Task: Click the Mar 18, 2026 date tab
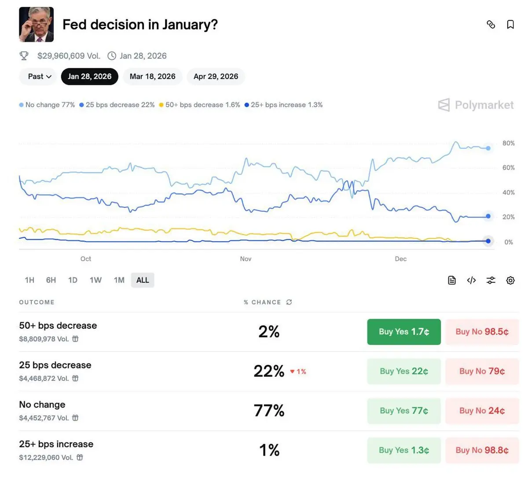(152, 77)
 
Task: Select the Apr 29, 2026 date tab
(216, 77)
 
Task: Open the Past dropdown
(40, 77)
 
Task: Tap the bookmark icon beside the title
(510, 25)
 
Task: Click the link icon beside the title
(491, 25)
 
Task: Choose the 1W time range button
(95, 280)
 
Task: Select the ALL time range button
(143, 280)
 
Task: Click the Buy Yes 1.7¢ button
(404, 332)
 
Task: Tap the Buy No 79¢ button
(482, 371)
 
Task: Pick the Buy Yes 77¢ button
(404, 411)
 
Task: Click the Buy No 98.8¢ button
(482, 450)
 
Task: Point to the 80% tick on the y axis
(508, 144)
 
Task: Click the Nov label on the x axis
(246, 259)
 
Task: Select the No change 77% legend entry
(47, 105)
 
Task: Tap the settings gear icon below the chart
(510, 280)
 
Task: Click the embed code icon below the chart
(471, 280)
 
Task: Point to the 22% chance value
(269, 371)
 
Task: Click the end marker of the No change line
(488, 148)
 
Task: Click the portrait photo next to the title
(37, 25)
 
